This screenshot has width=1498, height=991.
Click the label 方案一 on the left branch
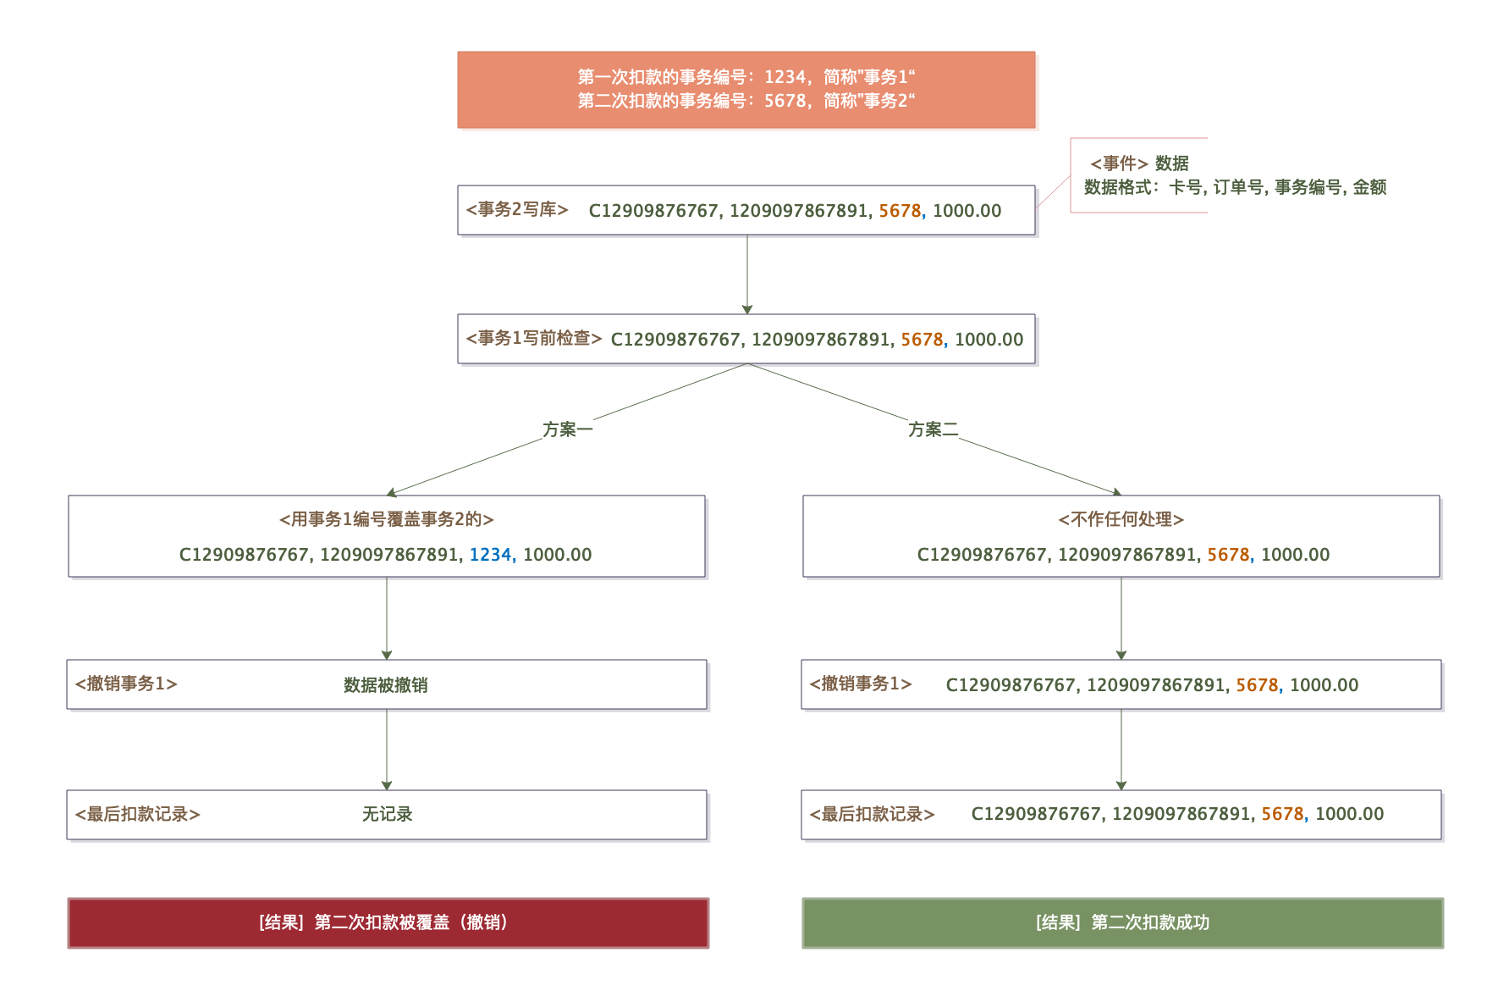pyautogui.click(x=567, y=429)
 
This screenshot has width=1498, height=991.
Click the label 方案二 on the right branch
pyautogui.click(x=933, y=429)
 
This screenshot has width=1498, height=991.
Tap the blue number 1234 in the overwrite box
pyautogui.click(x=491, y=555)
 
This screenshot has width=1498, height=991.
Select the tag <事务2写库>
pyautogui.click(x=517, y=209)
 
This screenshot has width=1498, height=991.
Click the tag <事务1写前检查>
pyautogui.click(x=533, y=338)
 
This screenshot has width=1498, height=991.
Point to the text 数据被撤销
pyautogui.click(x=386, y=684)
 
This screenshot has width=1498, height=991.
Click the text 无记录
pyautogui.click(x=387, y=814)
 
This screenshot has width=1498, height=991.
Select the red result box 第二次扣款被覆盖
pyautogui.click(x=388, y=922)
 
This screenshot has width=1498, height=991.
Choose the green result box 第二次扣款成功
pyautogui.click(x=1122, y=922)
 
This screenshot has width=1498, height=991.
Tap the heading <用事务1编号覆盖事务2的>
pyautogui.click(x=387, y=519)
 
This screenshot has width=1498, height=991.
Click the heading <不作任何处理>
pyautogui.click(x=1121, y=519)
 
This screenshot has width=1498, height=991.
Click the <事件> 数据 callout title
pyautogui.click(x=1139, y=163)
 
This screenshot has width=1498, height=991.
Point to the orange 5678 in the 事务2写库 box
pyautogui.click(x=900, y=211)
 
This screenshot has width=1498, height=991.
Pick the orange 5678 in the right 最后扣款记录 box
pyautogui.click(x=1282, y=814)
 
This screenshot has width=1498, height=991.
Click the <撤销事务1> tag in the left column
pyautogui.click(x=126, y=684)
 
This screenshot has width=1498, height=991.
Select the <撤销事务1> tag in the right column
pyautogui.click(x=861, y=684)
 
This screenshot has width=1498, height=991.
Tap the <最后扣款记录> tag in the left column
pyautogui.click(x=137, y=814)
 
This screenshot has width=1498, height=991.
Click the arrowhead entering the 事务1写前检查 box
pyautogui.click(x=747, y=310)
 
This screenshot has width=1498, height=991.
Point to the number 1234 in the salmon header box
pyautogui.click(x=785, y=77)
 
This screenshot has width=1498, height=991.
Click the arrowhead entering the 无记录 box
pyautogui.click(x=387, y=786)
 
